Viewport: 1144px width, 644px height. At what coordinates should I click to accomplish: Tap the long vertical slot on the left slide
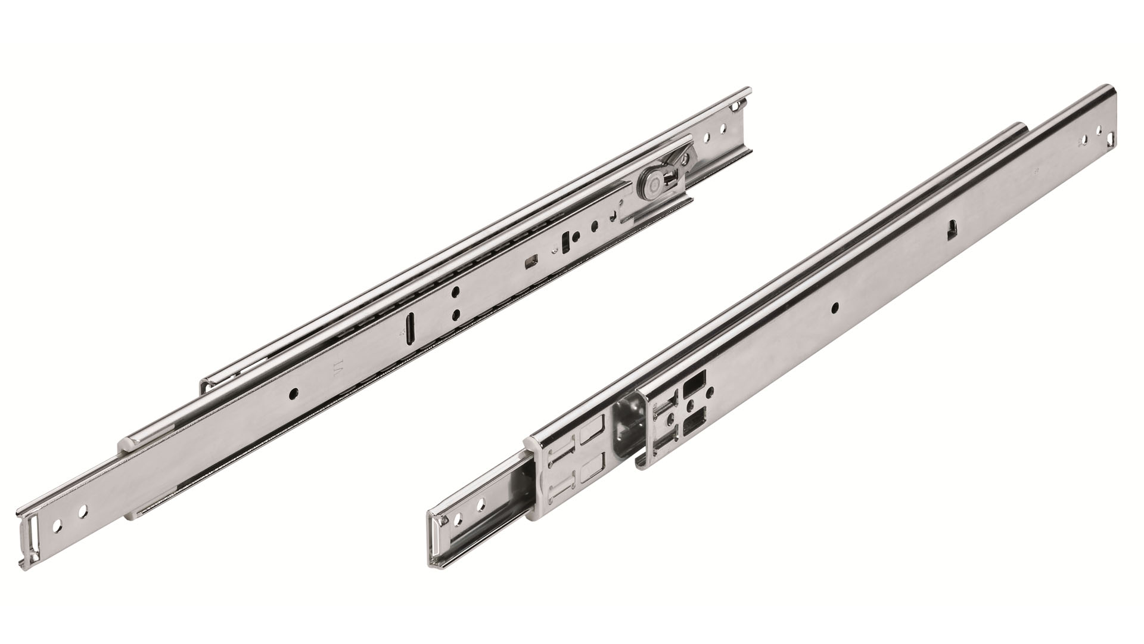(x=409, y=327)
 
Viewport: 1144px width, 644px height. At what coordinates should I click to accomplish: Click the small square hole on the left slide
(x=529, y=261)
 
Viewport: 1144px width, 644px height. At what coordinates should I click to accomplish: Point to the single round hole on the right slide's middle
(x=835, y=307)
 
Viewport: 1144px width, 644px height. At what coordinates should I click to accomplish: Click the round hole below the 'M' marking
(x=292, y=394)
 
